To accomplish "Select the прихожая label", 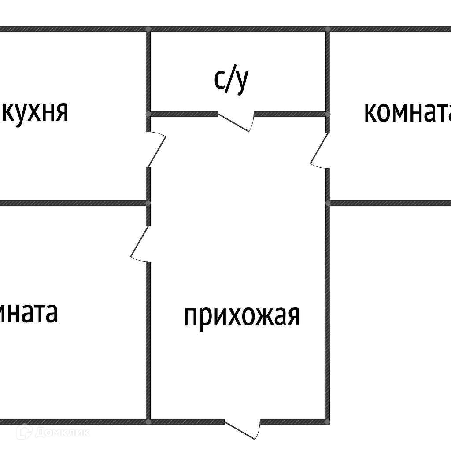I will [242, 315].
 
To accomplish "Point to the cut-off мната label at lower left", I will [28, 312].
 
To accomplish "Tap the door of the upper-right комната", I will [320, 150].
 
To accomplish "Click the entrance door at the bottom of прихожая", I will [242, 429].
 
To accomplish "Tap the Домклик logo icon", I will [24, 433].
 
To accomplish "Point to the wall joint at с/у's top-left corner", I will [148, 29].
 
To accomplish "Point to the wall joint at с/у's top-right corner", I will [328, 29].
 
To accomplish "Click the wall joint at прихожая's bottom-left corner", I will [148, 421].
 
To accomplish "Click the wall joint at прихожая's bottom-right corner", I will [328, 421].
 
